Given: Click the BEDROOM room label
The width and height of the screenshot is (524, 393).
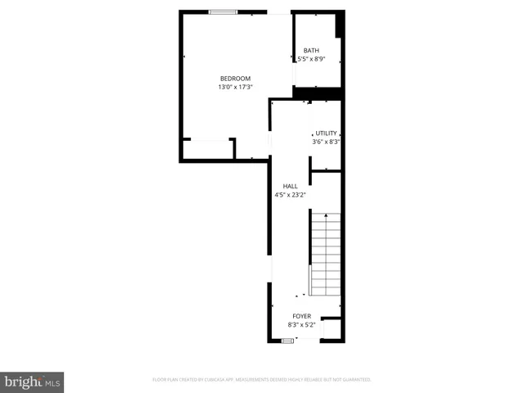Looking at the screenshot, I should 235,78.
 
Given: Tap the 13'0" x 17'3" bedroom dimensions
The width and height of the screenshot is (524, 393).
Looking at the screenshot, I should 235,87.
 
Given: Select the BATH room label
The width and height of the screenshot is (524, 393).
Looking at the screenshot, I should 311,51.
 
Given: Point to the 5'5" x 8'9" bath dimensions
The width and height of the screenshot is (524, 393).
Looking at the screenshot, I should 311,59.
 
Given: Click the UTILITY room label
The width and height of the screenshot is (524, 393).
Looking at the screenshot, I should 327,133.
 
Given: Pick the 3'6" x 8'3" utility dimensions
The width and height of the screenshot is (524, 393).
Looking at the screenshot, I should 326,142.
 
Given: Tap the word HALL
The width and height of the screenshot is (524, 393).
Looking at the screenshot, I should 290,186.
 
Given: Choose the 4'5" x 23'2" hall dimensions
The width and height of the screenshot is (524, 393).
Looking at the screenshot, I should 290,195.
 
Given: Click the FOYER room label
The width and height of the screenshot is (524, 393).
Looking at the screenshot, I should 302,315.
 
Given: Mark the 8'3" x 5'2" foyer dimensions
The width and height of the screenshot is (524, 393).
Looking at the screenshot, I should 302,324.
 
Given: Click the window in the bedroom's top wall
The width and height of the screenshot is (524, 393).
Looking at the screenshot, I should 224,11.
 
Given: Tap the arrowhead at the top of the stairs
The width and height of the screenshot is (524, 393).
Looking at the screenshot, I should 325,215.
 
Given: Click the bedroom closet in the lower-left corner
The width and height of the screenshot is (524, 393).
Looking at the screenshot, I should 208,150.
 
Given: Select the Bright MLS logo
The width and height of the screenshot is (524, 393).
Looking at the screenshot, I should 32,382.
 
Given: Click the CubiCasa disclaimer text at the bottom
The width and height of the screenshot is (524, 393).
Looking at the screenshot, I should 262,380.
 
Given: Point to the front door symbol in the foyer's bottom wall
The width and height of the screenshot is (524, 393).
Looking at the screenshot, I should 287,340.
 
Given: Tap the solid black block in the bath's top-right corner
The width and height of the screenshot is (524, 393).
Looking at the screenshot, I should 339,25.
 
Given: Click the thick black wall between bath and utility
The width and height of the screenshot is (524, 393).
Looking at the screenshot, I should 318,93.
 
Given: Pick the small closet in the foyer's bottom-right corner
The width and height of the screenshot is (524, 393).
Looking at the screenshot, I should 332,328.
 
